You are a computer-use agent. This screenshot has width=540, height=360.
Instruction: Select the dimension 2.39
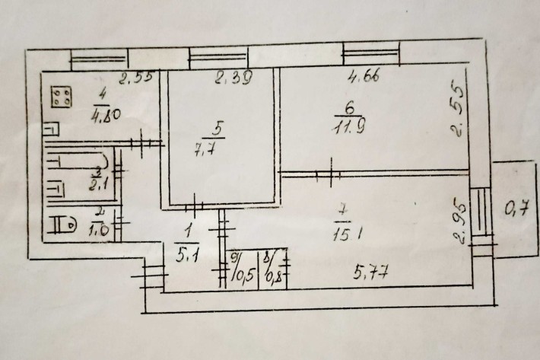point(233,77)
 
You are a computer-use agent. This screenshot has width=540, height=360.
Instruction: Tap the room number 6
point(338,112)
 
